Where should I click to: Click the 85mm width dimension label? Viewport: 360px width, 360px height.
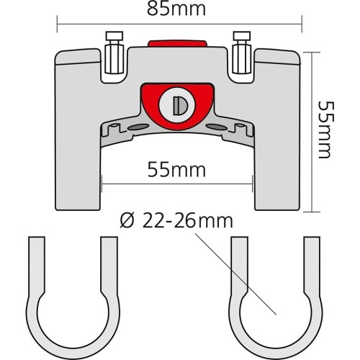[x=176, y=9]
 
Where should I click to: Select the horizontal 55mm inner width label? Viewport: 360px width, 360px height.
[x=176, y=170]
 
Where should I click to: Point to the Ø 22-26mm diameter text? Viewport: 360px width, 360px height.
[x=176, y=221]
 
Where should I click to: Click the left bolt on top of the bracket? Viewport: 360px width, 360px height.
[x=114, y=53]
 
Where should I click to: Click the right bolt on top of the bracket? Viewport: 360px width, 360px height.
[x=242, y=53]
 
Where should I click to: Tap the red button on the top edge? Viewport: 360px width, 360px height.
[x=177, y=43]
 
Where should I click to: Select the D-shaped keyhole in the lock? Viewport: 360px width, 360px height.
[x=180, y=105]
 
